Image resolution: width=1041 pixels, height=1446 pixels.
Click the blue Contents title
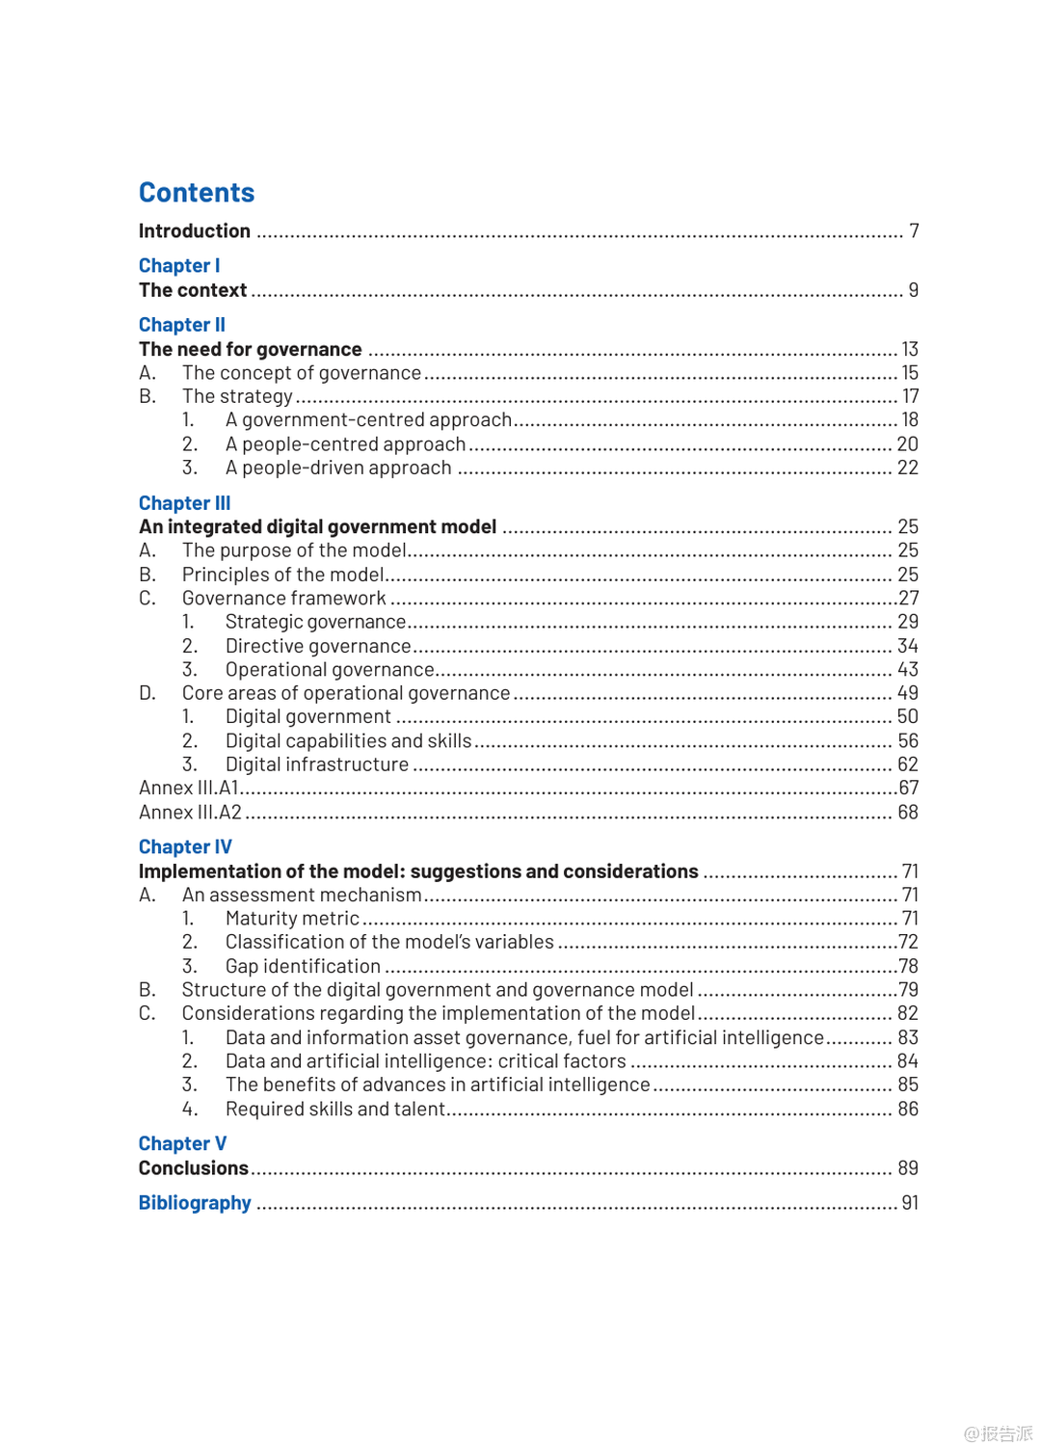[197, 193]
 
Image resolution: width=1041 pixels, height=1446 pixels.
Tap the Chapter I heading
[179, 265]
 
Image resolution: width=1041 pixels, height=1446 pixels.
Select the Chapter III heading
[184, 503]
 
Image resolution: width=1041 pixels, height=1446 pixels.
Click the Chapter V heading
[182, 1143]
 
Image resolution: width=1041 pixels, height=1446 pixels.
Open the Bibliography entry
[195, 1203]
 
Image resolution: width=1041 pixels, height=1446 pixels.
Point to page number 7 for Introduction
[914, 231]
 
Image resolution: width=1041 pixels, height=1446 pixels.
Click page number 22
[908, 468]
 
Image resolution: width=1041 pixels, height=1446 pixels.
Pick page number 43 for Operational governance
[908, 669]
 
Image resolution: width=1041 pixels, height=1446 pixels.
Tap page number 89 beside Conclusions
[908, 1168]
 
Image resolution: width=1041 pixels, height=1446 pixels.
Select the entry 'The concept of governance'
[302, 373]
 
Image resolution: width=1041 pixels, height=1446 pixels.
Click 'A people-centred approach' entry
[345, 444]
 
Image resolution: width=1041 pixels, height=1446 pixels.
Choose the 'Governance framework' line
[283, 599]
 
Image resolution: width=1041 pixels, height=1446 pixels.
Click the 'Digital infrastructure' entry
[317, 764]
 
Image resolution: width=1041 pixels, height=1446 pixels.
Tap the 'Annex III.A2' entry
[190, 813]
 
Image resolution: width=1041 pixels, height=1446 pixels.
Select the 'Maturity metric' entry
[292, 919]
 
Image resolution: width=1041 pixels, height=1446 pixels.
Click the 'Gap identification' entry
[303, 966]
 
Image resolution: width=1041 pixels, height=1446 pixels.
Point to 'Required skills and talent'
[334, 1110]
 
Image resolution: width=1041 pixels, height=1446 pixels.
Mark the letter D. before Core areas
[147, 693]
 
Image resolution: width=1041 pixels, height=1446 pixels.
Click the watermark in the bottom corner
[999, 1433]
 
